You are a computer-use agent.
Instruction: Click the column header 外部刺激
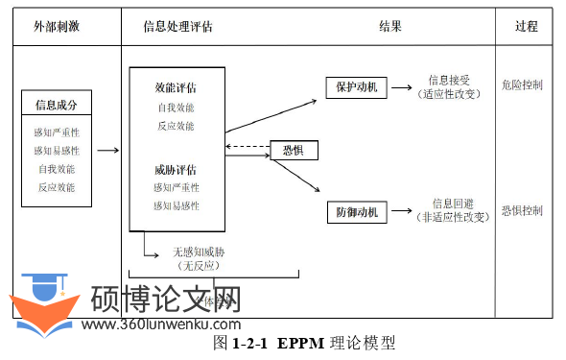pyautogui.click(x=57, y=26)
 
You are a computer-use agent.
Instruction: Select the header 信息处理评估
pyautogui.click(x=177, y=26)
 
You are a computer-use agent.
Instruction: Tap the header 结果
pyautogui.click(x=390, y=26)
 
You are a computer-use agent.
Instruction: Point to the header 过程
pyautogui.click(x=527, y=26)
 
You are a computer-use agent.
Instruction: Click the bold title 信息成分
pyautogui.click(x=57, y=105)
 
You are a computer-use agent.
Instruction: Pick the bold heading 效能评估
pyautogui.click(x=177, y=88)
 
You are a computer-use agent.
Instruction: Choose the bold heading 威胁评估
pyautogui.click(x=177, y=170)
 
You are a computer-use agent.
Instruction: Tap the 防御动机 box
pyautogui.click(x=356, y=211)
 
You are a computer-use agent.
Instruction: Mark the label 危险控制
pyautogui.click(x=522, y=84)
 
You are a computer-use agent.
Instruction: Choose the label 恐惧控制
pyautogui.click(x=522, y=209)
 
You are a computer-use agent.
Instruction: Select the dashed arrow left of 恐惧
pyautogui.click(x=246, y=146)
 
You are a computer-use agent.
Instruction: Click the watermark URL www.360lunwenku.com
pyautogui.click(x=161, y=324)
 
